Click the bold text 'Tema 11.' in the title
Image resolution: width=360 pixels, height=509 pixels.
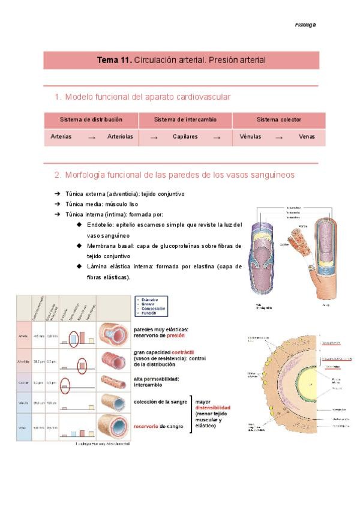[115, 61]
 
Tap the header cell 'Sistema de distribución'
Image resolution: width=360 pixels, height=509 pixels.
[91, 120]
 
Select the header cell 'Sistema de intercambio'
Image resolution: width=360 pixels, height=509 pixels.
[185, 120]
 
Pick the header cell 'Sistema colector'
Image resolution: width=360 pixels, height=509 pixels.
[279, 120]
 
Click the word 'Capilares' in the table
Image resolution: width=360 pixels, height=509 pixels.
[185, 137]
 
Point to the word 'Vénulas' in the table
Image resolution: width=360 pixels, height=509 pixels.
[250, 137]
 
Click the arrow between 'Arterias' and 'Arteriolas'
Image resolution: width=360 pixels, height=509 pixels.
[92, 137]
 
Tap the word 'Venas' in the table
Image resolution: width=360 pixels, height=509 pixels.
[307, 137]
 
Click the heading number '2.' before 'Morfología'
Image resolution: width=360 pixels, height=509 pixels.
[58, 175]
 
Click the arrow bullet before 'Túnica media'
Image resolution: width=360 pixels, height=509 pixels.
[57, 204]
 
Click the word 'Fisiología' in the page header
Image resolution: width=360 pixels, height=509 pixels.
[305, 25]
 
